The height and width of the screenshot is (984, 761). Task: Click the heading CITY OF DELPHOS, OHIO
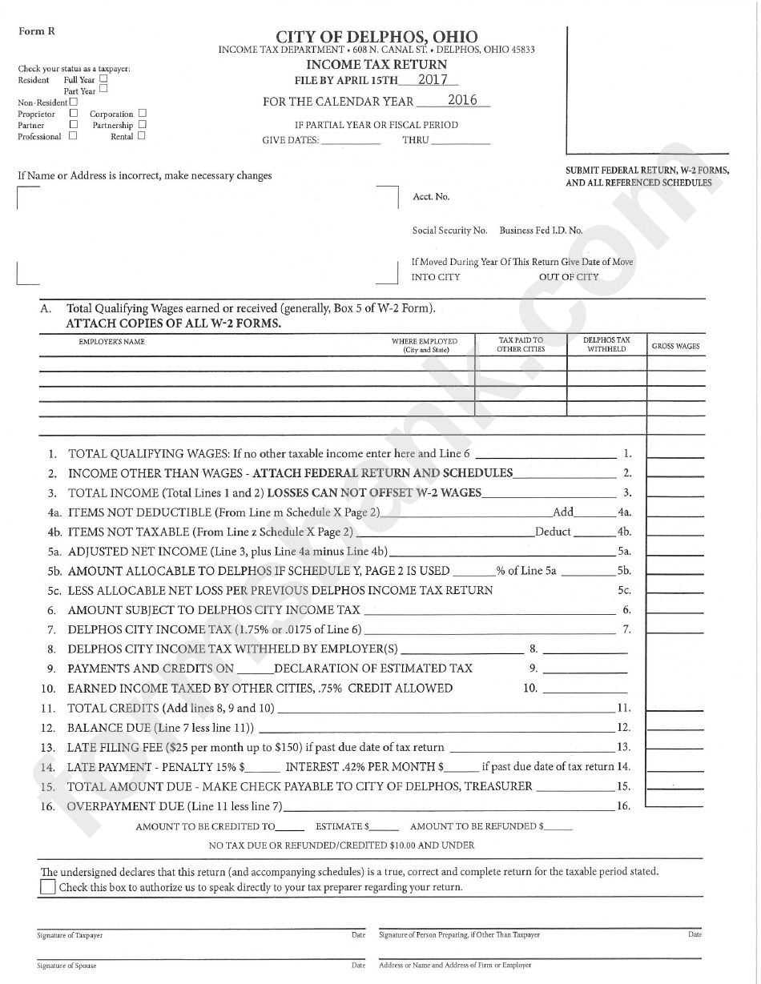click(x=376, y=37)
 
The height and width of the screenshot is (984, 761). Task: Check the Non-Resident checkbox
click(x=74, y=102)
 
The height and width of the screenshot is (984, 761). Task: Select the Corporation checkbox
click(x=142, y=114)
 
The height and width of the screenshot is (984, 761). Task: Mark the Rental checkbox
click(x=142, y=136)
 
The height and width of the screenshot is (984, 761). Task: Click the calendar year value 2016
click(x=462, y=100)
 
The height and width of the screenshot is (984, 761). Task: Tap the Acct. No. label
click(x=431, y=197)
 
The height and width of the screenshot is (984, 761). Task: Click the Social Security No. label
click(x=449, y=231)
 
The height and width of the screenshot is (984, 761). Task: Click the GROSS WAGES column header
click(x=675, y=347)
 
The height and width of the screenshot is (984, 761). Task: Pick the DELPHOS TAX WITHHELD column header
click(x=606, y=345)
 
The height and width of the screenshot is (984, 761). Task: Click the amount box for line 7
click(x=674, y=629)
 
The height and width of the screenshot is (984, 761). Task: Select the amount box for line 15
click(x=674, y=786)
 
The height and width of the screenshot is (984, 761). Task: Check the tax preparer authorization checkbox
click(x=48, y=887)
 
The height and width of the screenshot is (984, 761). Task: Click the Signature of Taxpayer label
click(x=70, y=935)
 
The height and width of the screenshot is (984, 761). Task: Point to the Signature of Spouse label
click(x=66, y=966)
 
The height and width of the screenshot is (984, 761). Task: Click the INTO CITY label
click(x=436, y=277)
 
